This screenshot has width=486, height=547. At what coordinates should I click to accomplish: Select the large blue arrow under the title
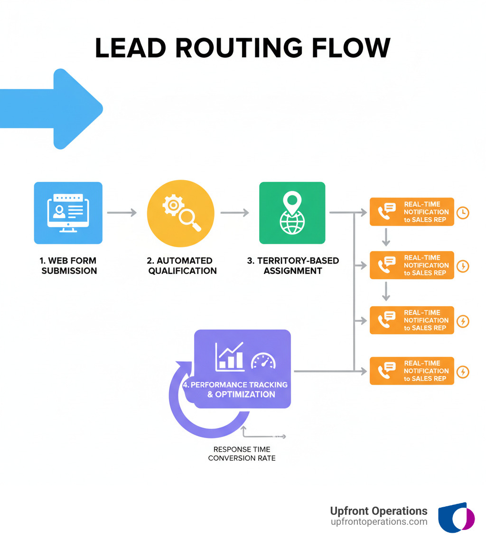(x=52, y=109)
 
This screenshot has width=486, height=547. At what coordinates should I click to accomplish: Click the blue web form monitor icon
(x=68, y=213)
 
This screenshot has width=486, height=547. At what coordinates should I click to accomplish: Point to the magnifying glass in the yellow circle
(x=188, y=219)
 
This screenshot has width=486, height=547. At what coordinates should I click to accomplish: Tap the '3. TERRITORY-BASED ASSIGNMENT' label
(x=293, y=266)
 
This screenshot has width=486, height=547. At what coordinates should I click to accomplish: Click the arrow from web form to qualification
(x=122, y=213)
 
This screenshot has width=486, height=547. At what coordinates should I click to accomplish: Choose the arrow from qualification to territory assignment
(x=234, y=213)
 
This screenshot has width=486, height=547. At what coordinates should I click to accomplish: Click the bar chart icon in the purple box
(x=230, y=356)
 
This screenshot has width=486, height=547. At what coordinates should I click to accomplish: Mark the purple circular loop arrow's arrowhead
(x=182, y=367)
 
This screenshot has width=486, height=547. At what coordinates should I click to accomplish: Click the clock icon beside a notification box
(x=462, y=212)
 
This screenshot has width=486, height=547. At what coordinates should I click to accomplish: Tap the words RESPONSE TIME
(x=242, y=449)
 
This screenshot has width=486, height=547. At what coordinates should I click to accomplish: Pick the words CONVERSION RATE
(x=242, y=458)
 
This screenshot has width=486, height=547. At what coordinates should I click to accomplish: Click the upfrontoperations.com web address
(x=379, y=522)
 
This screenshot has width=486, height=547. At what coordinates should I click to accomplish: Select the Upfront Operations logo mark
(x=456, y=517)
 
